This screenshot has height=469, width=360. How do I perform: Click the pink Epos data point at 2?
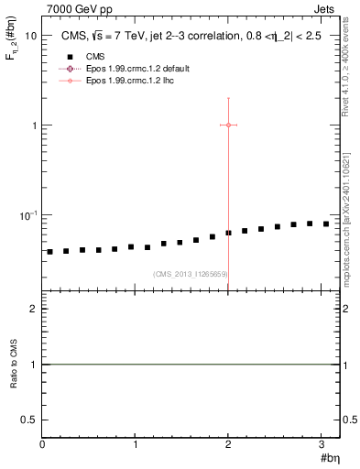click(228, 125)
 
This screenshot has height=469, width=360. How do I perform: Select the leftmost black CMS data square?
click(50, 252)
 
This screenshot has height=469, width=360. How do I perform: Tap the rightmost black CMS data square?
click(325, 224)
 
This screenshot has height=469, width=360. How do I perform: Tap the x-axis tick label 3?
click(322, 443)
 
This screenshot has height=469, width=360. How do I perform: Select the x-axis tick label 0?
click(42, 443)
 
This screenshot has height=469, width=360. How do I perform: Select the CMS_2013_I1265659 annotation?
click(191, 274)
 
